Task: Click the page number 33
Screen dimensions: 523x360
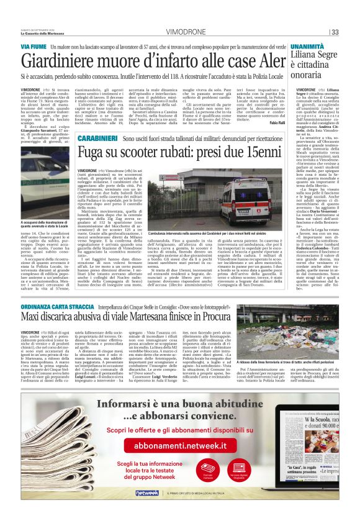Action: (335, 32)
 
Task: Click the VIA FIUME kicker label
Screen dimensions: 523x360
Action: (34, 47)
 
